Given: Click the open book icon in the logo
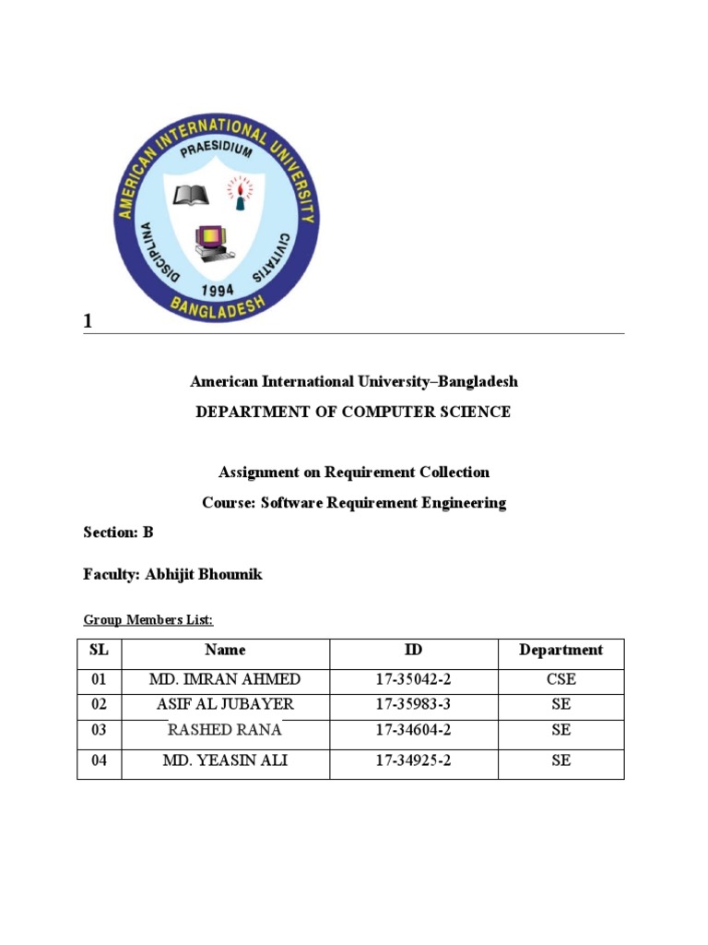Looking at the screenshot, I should point(192,194).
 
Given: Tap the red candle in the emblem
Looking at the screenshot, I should point(242,194).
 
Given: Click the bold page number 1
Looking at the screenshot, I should point(88,321).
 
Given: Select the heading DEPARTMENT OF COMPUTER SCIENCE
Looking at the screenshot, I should point(353,412).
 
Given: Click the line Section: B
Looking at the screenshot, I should point(118,532).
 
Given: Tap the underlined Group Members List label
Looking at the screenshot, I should point(148,619).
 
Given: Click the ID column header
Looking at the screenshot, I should point(413,650).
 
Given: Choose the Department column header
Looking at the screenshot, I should point(560,650).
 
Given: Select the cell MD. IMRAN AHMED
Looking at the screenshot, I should point(225,679).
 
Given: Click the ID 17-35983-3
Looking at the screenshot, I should point(413,704).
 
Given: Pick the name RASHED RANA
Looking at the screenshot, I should point(225,730).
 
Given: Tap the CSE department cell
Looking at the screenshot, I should point(560,679).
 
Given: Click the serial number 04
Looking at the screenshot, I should point(99,760).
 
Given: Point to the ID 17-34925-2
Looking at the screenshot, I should point(413,760).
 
